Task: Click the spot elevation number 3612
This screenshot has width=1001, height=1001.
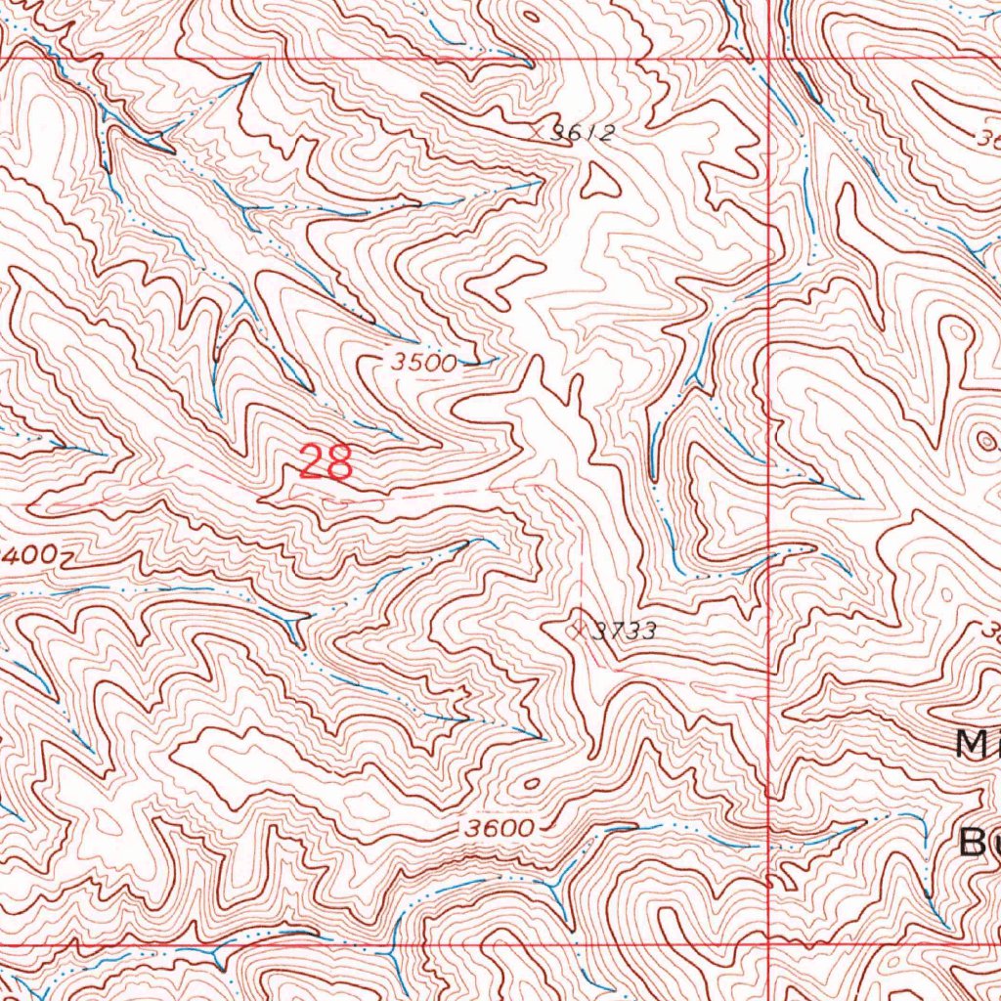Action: pos(581,135)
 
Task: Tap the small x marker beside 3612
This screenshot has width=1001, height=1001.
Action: pos(537,127)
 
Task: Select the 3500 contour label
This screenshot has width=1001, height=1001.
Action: pos(424,363)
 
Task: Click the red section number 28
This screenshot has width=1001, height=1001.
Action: pos(326,461)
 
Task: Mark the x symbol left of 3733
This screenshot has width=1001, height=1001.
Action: pos(578,628)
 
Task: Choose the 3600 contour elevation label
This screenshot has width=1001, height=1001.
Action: pos(499,829)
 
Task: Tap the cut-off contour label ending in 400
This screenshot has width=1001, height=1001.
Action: pos(29,555)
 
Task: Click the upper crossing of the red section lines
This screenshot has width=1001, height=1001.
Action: pos(770,59)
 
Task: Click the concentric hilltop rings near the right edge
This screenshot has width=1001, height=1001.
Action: pos(980,443)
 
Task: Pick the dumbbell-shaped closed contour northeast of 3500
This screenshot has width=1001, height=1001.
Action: pos(504,278)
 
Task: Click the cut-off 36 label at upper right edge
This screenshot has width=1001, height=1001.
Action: pos(987,138)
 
